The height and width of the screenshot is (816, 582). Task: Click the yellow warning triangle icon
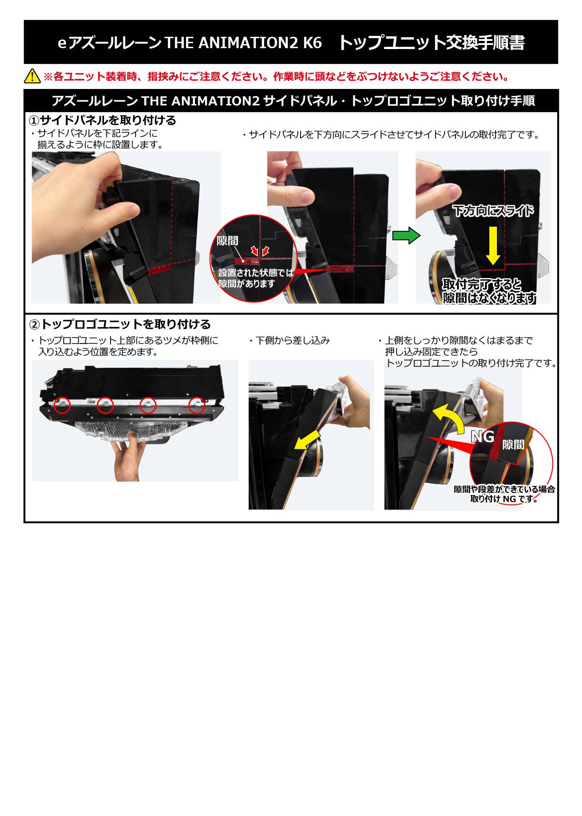coord(32,76)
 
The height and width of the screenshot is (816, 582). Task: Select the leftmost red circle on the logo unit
coord(62,405)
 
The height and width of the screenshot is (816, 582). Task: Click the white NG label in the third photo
coord(482,437)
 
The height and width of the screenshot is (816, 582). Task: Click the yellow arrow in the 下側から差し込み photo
coord(307,438)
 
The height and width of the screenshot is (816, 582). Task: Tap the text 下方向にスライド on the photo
coord(493,211)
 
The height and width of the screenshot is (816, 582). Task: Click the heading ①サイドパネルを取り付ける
coord(102,120)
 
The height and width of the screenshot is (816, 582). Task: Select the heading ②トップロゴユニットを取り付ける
coord(120,324)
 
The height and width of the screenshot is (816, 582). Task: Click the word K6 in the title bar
coord(312,43)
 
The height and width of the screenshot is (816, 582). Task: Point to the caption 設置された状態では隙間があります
coord(256,278)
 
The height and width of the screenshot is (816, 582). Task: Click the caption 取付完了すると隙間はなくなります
coord(490,291)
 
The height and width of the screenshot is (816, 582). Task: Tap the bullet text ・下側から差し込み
coord(289,340)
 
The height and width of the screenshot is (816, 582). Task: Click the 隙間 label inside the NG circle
coord(513,444)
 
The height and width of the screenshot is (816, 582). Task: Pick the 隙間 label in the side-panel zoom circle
coord(227,240)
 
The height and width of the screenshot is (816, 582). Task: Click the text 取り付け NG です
coord(504,499)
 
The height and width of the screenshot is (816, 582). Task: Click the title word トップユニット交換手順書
coord(431,43)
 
